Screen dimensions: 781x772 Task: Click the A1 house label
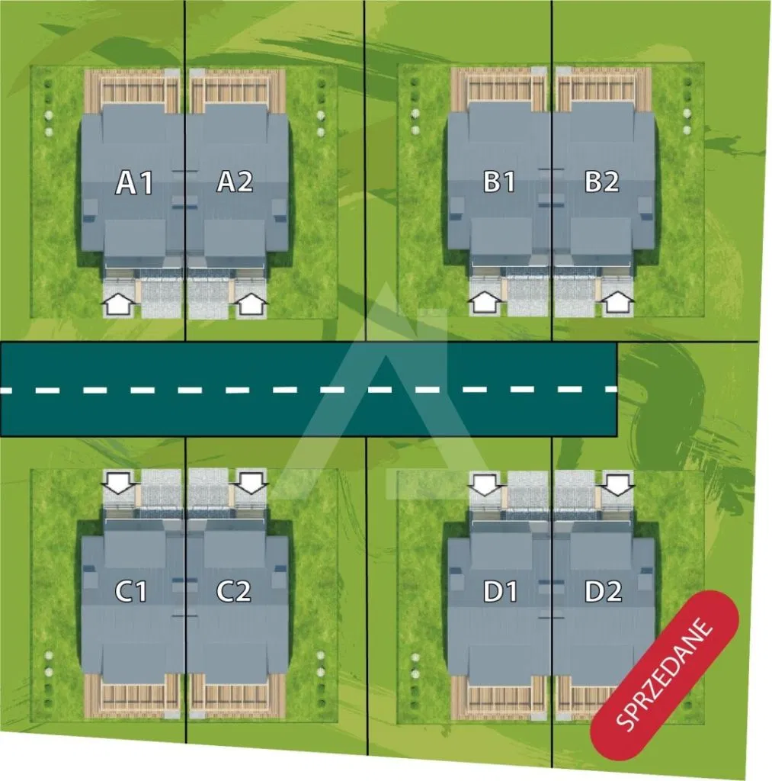point(135,183)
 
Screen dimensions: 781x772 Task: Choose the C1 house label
point(131,591)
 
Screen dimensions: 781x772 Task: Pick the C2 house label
point(233,591)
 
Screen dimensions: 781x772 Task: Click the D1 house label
point(501,591)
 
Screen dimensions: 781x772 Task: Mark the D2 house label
point(604,591)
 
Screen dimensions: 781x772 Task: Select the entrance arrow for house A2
point(252,305)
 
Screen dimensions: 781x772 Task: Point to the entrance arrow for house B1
point(484,304)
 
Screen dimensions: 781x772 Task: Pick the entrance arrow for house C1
point(119,482)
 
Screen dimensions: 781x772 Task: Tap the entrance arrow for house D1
point(485,484)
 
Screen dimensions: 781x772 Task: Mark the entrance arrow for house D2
point(618,484)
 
